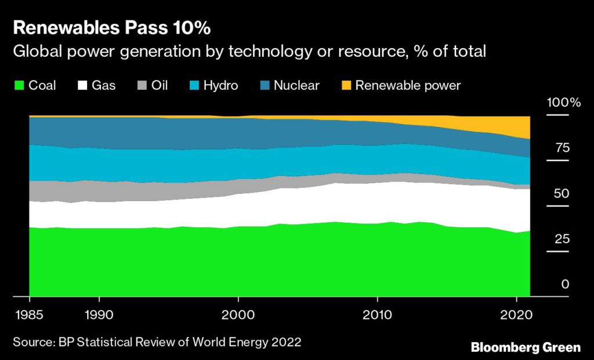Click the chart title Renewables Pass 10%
[108, 27]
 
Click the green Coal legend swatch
[18, 86]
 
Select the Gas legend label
[104, 86]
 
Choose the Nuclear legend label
[296, 86]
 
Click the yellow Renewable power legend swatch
[346, 86]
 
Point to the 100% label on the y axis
[563, 103]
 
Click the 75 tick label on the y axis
[562, 148]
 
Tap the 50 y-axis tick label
[562, 194]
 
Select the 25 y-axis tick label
[562, 239]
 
